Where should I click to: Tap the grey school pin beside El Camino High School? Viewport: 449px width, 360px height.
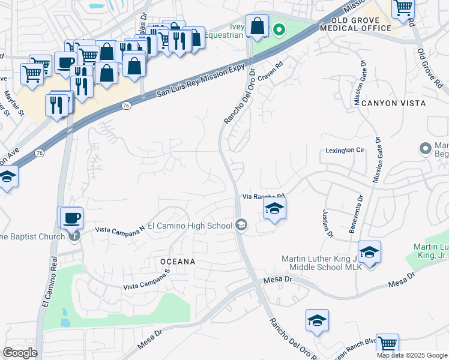click(x=241, y=225)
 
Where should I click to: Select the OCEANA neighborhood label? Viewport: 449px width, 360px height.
click(x=178, y=262)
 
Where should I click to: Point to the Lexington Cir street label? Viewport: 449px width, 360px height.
click(x=345, y=151)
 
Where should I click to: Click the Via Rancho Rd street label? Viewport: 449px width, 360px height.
click(x=263, y=196)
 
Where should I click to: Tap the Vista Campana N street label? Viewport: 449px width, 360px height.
click(x=121, y=229)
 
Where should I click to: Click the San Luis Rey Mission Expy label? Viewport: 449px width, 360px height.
click(x=201, y=77)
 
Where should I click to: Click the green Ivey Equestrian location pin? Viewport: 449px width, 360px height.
click(x=279, y=29)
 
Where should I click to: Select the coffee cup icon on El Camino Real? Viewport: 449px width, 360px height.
click(x=71, y=217)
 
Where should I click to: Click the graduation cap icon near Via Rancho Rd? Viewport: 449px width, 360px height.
click(x=274, y=208)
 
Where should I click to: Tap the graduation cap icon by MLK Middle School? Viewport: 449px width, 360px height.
click(x=369, y=252)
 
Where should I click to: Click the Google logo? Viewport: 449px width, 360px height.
click(x=20, y=353)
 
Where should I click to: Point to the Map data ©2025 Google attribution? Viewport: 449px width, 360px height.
click(x=412, y=355)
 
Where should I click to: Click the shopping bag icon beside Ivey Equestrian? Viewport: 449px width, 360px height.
click(x=257, y=26)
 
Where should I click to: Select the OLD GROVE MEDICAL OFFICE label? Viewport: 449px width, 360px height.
click(x=355, y=24)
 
